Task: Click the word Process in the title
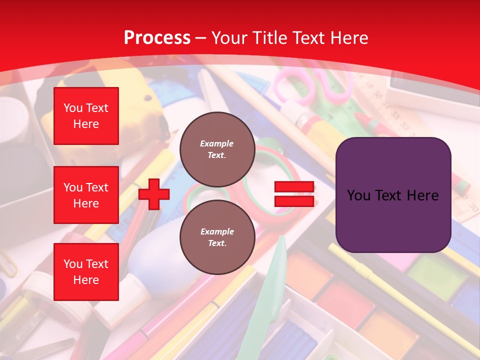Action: coord(157,38)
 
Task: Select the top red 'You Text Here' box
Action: coord(86,116)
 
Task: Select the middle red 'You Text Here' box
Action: coord(86,195)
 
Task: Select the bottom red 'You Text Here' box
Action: coord(86,271)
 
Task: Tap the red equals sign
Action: coord(294,194)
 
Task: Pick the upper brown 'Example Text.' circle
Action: coord(217,149)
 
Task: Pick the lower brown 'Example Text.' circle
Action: coord(217,237)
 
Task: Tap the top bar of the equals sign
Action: coord(294,187)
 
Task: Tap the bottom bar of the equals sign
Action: coord(294,201)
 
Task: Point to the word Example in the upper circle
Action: coord(217,143)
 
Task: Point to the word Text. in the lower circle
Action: coord(217,243)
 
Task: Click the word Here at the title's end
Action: coord(349,38)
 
